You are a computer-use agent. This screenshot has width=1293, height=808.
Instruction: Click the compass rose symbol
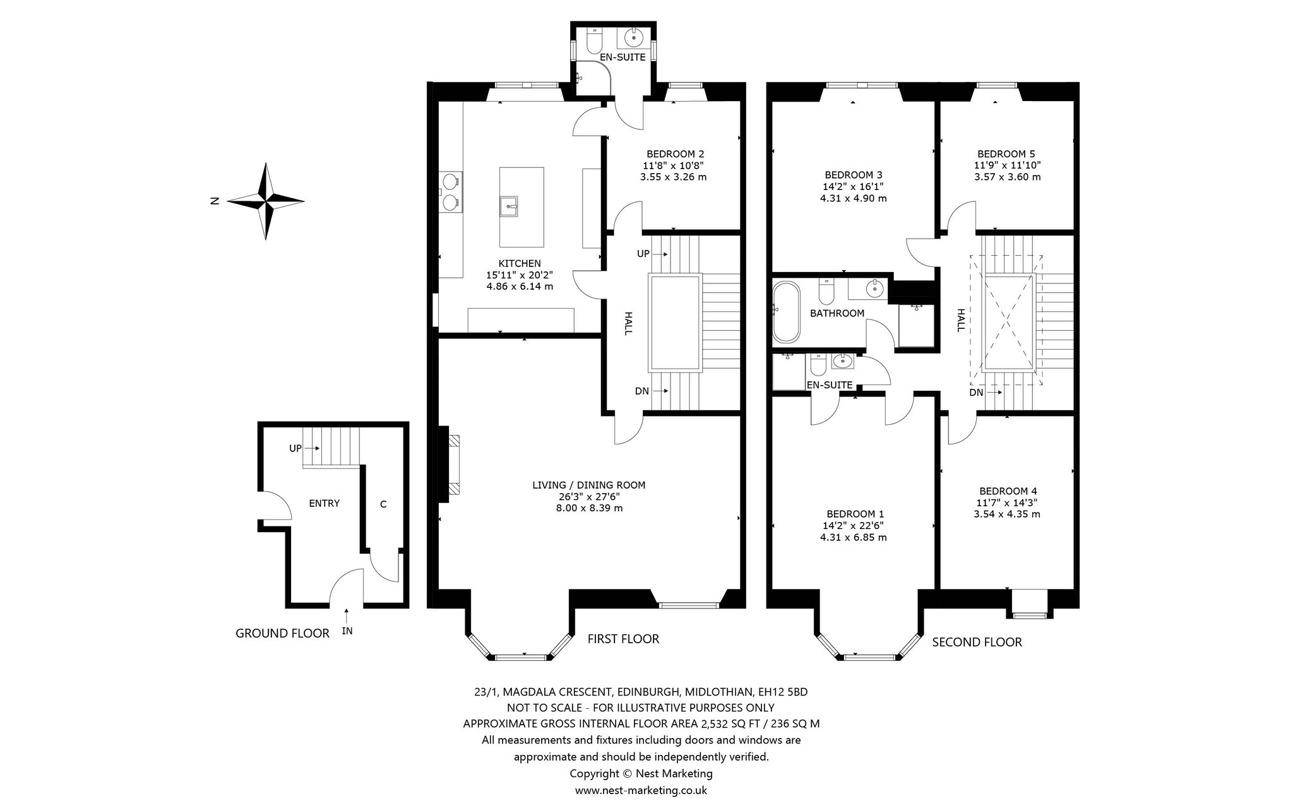click(266, 201)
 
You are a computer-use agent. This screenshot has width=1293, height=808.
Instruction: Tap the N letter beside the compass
click(215, 201)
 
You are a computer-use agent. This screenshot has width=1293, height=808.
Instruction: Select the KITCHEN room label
click(520, 263)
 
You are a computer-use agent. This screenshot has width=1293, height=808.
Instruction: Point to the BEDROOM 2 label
click(676, 154)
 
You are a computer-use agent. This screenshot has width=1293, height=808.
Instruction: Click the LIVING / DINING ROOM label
click(589, 485)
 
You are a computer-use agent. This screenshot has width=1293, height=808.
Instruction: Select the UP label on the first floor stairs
click(643, 254)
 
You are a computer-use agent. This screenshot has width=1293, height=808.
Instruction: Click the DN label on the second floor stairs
click(977, 393)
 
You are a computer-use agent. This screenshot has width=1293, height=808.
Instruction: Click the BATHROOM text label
click(837, 313)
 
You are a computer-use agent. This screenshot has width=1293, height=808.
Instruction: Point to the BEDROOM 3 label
click(854, 175)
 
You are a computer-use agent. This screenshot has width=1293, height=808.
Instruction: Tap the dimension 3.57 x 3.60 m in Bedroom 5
click(1008, 177)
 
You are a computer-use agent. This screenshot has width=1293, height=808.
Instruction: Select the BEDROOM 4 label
click(1008, 491)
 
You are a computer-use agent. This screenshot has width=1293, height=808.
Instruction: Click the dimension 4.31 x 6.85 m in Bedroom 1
click(854, 537)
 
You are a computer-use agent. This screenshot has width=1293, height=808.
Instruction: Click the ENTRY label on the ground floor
click(325, 503)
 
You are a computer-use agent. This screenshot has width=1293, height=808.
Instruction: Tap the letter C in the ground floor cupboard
click(383, 504)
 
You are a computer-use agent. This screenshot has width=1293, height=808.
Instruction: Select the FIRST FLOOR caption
click(623, 639)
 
